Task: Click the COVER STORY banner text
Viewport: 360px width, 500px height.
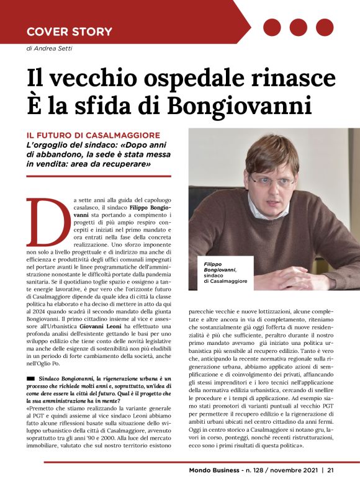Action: click(x=70, y=31)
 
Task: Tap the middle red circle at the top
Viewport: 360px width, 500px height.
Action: click(x=299, y=27)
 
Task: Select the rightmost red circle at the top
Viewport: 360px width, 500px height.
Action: click(x=325, y=27)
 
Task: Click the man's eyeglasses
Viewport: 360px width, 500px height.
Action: click(x=272, y=180)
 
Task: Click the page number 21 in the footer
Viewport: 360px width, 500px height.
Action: click(x=331, y=487)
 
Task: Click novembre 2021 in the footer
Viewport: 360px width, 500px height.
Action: click(x=294, y=487)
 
